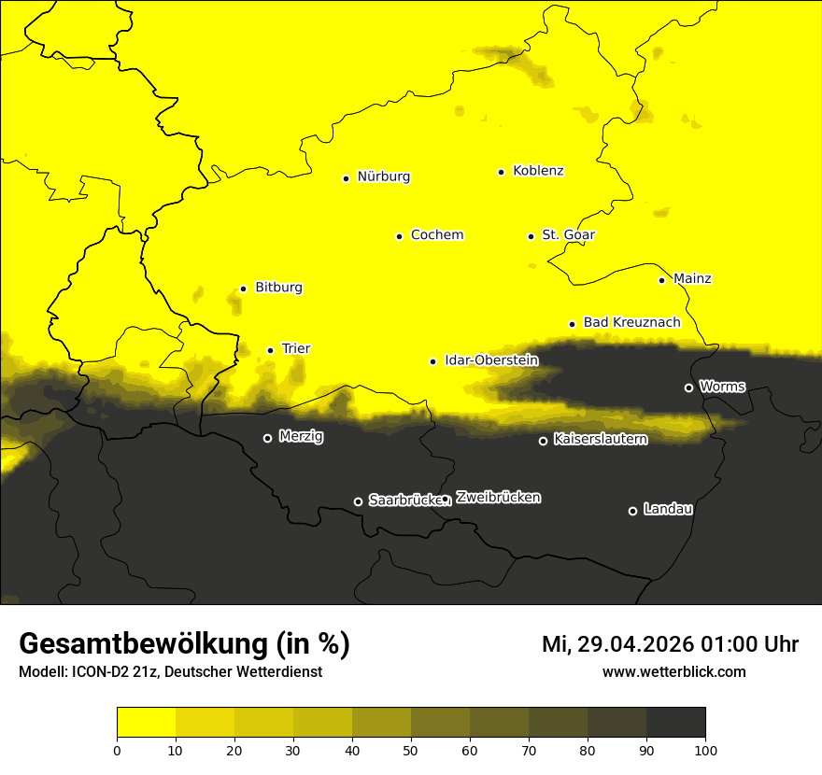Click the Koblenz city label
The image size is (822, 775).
click(x=538, y=171)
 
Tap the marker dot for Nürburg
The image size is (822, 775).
click(x=346, y=177)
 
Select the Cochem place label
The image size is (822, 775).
click(x=436, y=235)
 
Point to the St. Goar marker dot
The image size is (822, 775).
click(x=531, y=236)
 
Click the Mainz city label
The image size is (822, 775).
click(x=692, y=279)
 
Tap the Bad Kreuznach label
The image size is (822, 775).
click(x=631, y=322)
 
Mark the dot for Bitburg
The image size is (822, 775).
click(x=243, y=289)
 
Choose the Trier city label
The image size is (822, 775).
click(x=295, y=349)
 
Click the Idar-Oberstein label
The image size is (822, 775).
click(x=491, y=360)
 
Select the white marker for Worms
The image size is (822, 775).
click(x=688, y=387)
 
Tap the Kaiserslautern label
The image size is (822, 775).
click(x=600, y=439)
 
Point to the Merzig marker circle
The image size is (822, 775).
click(x=267, y=438)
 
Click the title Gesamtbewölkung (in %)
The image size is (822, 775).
click(x=184, y=644)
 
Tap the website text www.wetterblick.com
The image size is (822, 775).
click(x=673, y=671)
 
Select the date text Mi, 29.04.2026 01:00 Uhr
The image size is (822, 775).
click(x=670, y=644)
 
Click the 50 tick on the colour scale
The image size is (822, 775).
click(x=411, y=749)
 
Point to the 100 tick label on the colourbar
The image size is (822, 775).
click(x=705, y=749)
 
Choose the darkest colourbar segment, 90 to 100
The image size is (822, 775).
click(x=675, y=722)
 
